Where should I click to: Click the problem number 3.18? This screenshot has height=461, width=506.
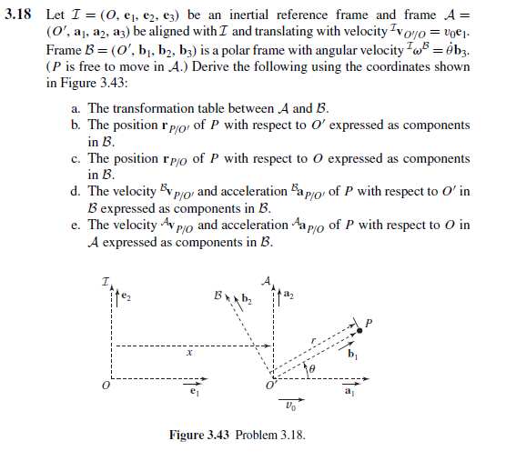[x=17, y=15]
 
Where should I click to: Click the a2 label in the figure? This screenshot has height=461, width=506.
[x=288, y=295]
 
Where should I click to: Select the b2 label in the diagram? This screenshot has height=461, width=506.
[x=246, y=298]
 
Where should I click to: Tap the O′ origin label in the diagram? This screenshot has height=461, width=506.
[x=270, y=386]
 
